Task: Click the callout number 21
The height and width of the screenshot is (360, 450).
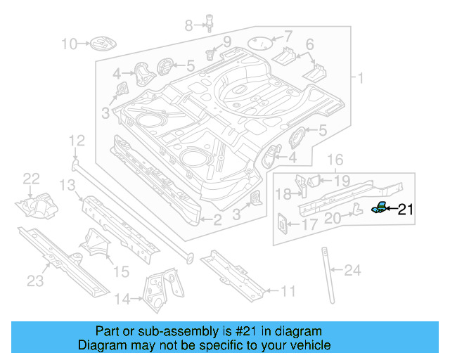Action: [407, 209]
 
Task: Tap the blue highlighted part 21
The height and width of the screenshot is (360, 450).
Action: [380, 207]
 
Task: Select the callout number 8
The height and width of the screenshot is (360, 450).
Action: [188, 26]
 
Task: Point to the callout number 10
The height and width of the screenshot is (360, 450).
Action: [68, 44]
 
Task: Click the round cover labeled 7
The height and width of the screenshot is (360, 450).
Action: [261, 42]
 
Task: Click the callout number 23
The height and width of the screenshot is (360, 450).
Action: [35, 281]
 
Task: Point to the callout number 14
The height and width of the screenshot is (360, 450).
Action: [122, 300]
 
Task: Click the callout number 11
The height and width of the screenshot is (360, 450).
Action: [288, 290]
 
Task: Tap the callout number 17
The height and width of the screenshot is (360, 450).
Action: [309, 226]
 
